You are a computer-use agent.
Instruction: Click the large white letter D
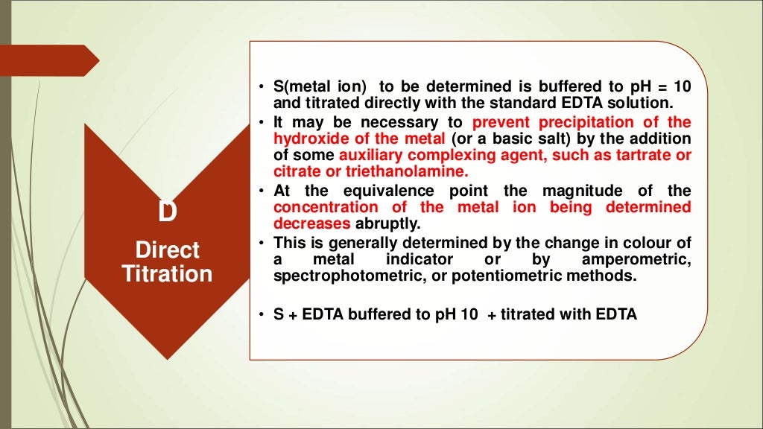click(168, 212)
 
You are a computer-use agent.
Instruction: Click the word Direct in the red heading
click(167, 250)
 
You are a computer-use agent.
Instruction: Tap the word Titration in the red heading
click(167, 274)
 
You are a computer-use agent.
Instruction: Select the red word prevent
click(500, 122)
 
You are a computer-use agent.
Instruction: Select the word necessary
click(373, 122)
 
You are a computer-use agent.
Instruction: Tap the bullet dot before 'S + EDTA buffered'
click(262, 315)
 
